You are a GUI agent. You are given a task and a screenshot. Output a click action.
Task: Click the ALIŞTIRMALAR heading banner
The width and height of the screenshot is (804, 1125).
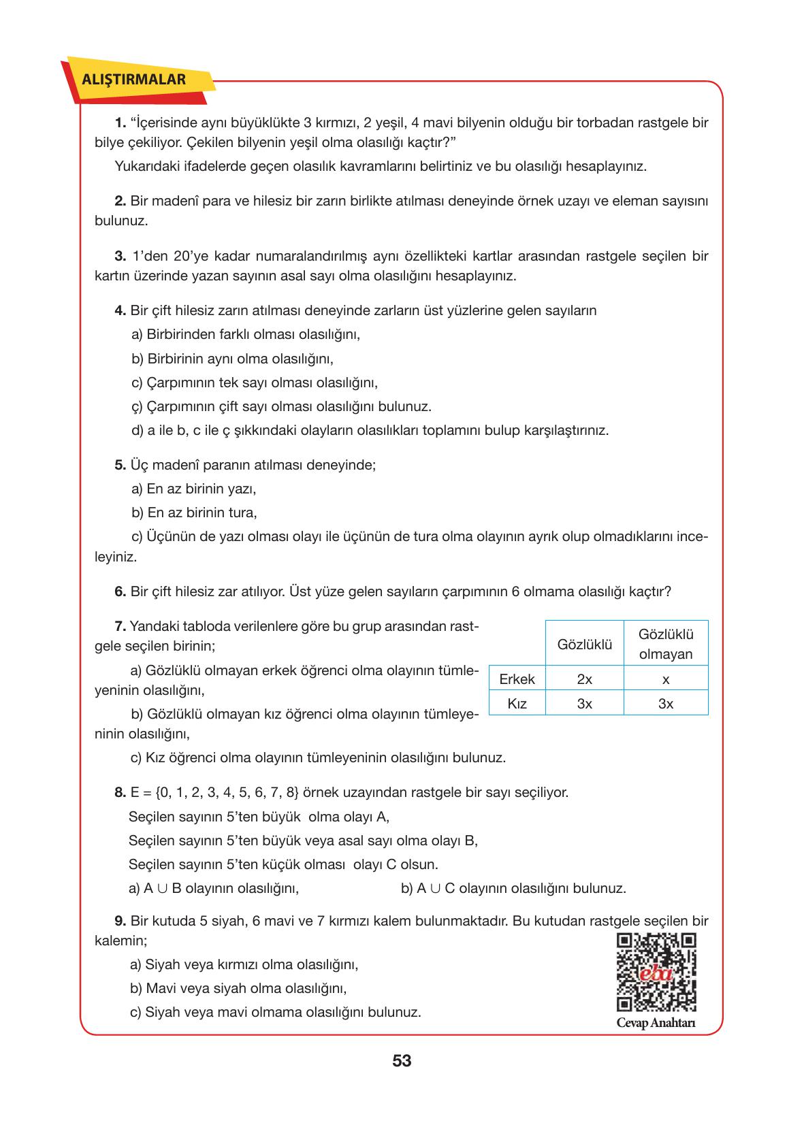pyautogui.click(x=133, y=80)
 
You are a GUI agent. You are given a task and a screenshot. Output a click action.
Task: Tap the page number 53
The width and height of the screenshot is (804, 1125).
pyautogui.click(x=402, y=1060)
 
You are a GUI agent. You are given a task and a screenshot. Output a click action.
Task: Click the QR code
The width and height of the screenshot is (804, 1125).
pyautogui.click(x=656, y=972)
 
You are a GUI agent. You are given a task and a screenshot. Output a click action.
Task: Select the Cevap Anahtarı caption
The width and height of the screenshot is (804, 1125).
pyautogui.click(x=656, y=1024)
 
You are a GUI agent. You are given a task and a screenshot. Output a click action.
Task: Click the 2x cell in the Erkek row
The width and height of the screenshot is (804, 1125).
pyautogui.click(x=584, y=679)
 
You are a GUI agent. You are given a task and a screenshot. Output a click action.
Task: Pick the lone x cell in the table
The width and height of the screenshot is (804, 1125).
pyautogui.click(x=666, y=679)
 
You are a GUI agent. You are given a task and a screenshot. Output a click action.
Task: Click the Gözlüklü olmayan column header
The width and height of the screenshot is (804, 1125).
pyautogui.click(x=666, y=644)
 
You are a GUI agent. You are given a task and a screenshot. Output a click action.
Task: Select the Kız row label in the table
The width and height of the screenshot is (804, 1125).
pyautogui.click(x=517, y=704)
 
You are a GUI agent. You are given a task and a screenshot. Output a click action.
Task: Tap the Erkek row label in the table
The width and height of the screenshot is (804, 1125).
pyautogui.click(x=517, y=679)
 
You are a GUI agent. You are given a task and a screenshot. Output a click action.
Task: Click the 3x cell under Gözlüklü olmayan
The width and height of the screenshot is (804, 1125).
pyautogui.click(x=666, y=704)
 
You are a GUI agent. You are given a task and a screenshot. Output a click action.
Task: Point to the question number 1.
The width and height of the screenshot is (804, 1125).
pyautogui.click(x=120, y=123)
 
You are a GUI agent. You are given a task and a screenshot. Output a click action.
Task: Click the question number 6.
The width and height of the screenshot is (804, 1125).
pyautogui.click(x=120, y=591)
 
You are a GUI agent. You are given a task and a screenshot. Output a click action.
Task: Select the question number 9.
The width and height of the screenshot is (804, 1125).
pyautogui.click(x=120, y=922)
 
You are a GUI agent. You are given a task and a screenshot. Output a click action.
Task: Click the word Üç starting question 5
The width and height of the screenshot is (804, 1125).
pyautogui.click(x=138, y=466)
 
